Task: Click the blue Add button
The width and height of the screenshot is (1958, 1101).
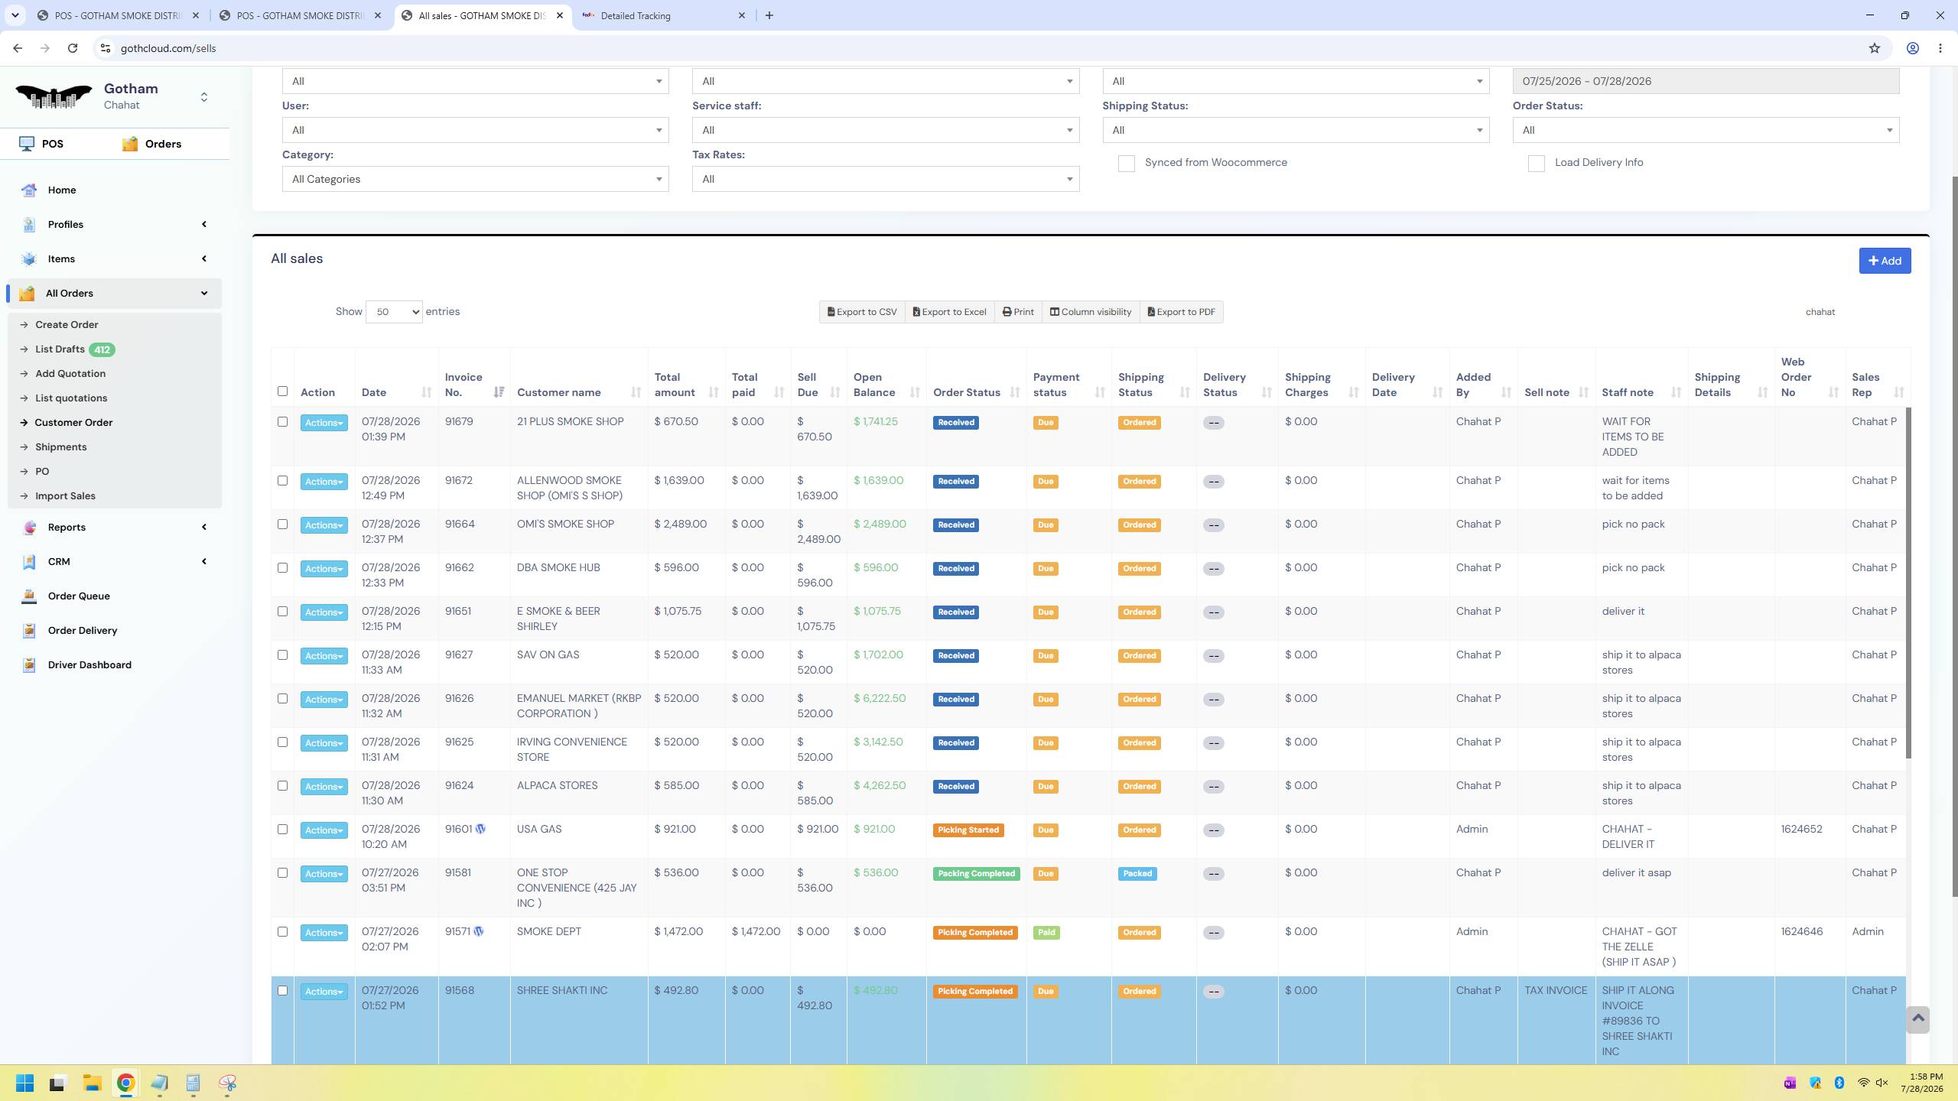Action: [x=1885, y=261]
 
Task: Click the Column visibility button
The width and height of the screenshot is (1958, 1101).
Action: [x=1091, y=312]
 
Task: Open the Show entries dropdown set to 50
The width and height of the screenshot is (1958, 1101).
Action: [x=394, y=312]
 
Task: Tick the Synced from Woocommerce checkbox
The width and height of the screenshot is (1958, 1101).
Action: [x=1127, y=164]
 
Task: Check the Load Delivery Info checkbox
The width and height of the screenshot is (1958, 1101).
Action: [x=1537, y=164]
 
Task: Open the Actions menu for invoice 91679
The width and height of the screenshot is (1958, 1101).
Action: [x=324, y=423]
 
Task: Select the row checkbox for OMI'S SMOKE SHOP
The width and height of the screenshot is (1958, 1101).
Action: [x=282, y=525]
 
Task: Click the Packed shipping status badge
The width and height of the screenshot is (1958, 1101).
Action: [x=1137, y=874]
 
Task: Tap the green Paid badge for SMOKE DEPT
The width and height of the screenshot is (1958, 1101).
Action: [x=1046, y=933]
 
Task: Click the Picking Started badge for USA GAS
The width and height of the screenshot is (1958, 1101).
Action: [x=968, y=830]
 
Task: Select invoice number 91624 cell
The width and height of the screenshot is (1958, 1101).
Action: [x=460, y=785]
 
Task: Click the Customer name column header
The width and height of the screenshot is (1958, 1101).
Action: [x=559, y=392]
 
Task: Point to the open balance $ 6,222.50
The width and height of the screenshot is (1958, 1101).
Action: [x=880, y=698]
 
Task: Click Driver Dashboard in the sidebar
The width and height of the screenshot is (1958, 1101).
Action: [x=89, y=664]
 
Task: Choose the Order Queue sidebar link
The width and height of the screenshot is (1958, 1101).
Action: [x=79, y=596]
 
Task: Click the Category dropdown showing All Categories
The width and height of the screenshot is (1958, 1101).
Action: [x=475, y=179]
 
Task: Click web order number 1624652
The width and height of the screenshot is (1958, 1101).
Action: [x=1801, y=829]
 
